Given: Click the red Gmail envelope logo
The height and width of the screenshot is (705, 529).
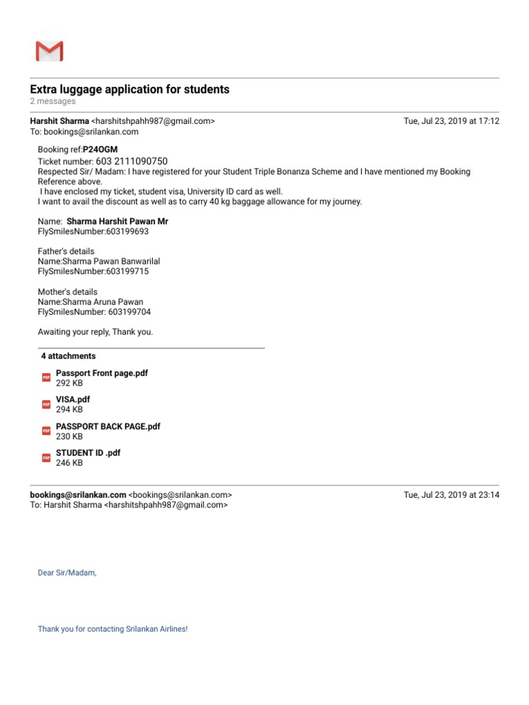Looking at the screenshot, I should click(x=49, y=52).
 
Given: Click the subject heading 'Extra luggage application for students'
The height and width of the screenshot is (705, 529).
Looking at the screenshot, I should click(x=129, y=90).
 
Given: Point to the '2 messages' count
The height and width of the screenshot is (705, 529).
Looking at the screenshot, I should click(x=52, y=101).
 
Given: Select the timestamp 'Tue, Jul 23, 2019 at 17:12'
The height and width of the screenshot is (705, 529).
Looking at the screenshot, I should click(x=451, y=121).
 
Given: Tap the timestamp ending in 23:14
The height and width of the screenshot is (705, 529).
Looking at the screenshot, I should click(x=451, y=494).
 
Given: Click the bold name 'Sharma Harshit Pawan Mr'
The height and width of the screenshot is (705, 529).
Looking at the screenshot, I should click(x=117, y=222).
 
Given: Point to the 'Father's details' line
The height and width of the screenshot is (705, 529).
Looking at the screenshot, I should click(x=66, y=251).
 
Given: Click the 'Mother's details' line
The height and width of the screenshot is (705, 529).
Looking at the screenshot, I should click(x=68, y=292).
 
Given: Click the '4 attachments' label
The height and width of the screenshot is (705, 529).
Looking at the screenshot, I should click(x=68, y=356).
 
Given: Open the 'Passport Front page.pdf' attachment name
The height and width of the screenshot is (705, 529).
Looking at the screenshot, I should click(x=102, y=373).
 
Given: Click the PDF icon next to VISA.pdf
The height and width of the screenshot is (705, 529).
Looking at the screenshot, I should click(x=46, y=404).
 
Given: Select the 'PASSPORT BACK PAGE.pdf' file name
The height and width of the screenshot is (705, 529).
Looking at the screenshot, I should click(x=108, y=426).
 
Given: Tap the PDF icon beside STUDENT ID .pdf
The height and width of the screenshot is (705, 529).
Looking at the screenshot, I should click(x=46, y=457).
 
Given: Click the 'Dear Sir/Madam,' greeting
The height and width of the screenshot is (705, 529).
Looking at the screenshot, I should click(x=68, y=572).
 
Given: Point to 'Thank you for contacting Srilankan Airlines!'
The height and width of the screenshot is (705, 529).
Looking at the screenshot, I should click(x=112, y=629).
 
